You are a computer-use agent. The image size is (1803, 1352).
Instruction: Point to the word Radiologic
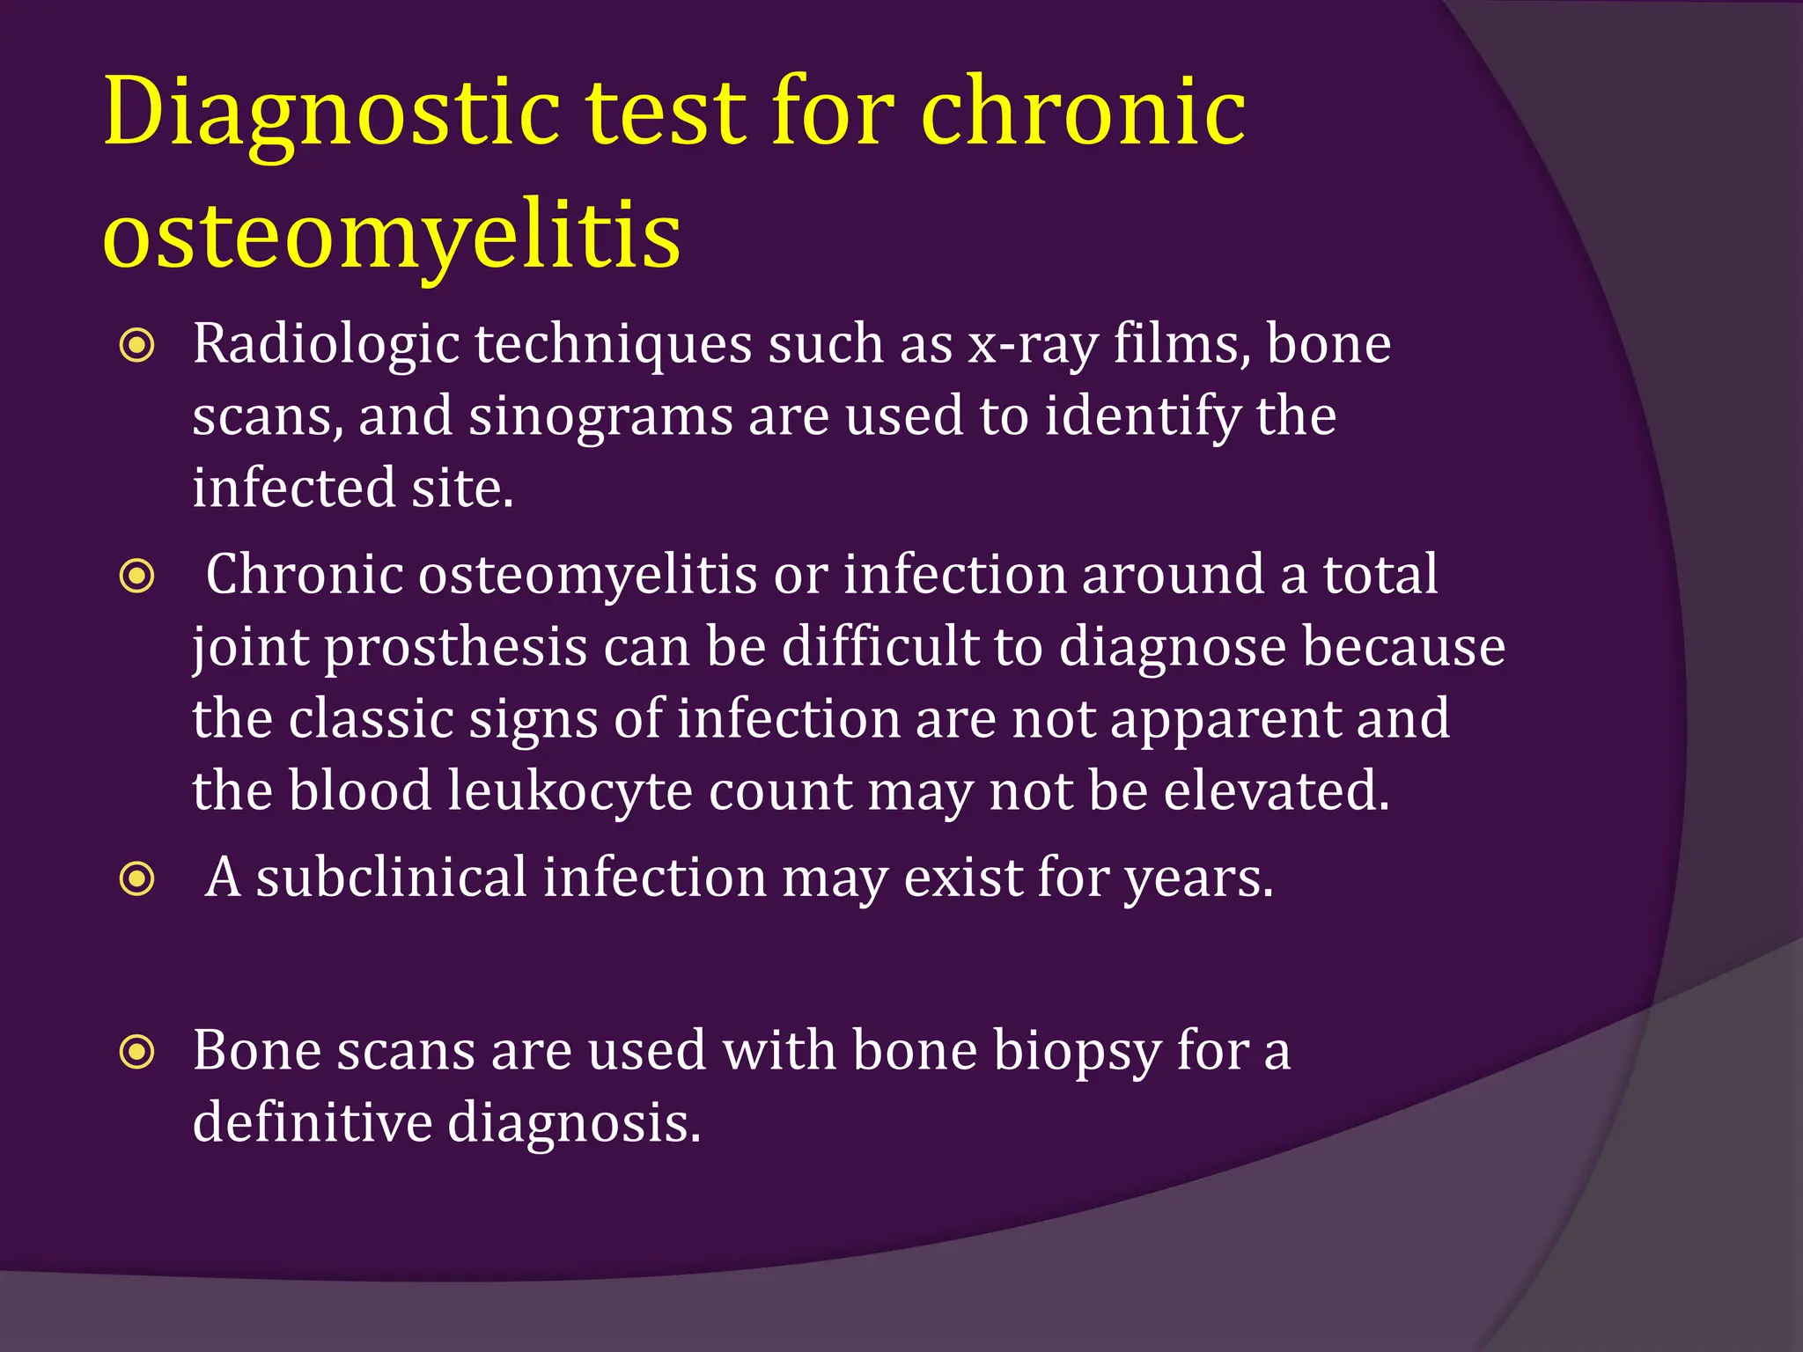[x=326, y=344]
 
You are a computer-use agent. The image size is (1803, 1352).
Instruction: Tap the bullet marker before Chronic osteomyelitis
[x=137, y=577]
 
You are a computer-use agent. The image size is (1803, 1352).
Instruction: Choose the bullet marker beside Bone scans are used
[x=137, y=1052]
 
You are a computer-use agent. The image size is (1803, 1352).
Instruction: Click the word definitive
[x=313, y=1123]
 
